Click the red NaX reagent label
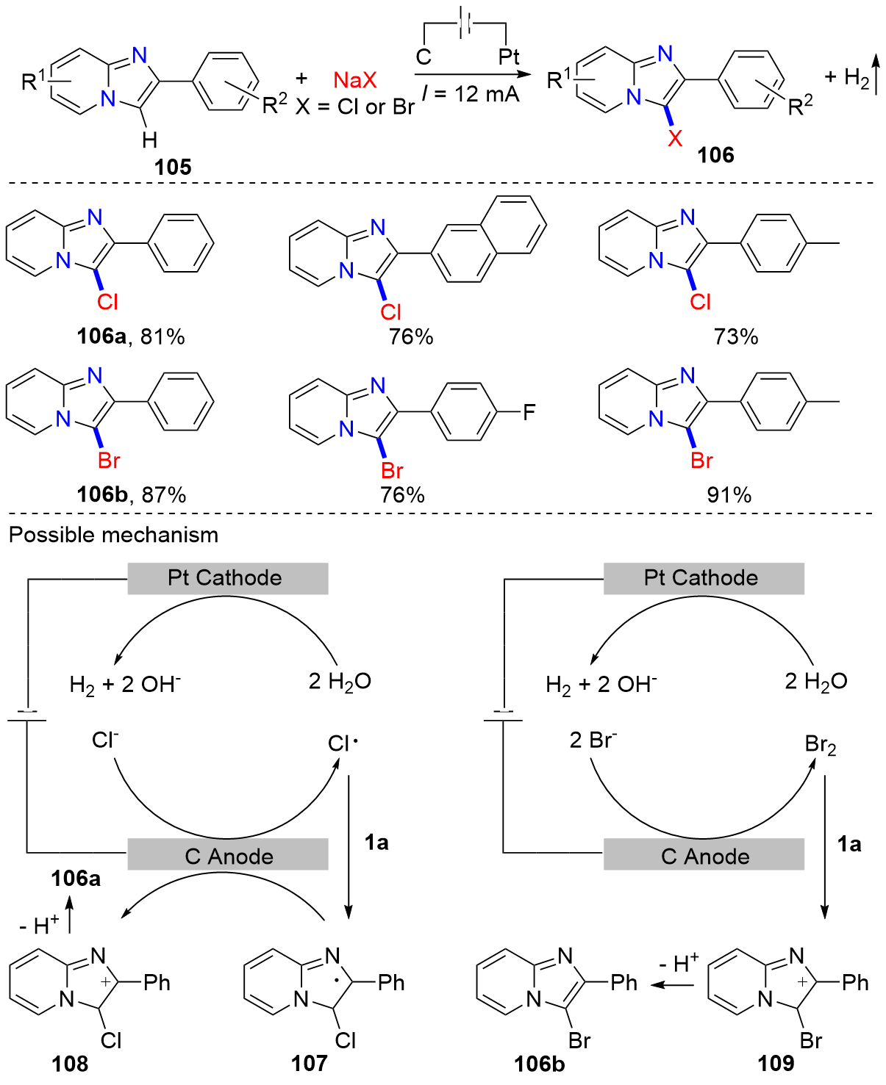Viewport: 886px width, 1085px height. (x=354, y=80)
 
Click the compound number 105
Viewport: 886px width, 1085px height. (x=173, y=167)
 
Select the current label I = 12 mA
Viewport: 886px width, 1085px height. (x=471, y=95)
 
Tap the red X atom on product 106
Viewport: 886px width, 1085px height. (x=675, y=137)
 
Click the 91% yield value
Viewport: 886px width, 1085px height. (x=729, y=495)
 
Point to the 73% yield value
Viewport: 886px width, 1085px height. (x=735, y=336)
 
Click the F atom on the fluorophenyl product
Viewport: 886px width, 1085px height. (x=529, y=412)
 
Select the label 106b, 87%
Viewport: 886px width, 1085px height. (x=132, y=495)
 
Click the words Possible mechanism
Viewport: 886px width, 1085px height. (x=114, y=535)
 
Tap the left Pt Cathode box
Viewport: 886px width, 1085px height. (x=227, y=578)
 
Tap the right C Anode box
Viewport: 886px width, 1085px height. (x=704, y=856)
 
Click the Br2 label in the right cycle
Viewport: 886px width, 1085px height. (x=821, y=745)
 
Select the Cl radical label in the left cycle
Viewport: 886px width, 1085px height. (x=343, y=743)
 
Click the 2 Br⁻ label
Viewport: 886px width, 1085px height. (x=593, y=740)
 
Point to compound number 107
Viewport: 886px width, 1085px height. (x=309, y=1063)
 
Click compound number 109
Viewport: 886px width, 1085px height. (x=776, y=1063)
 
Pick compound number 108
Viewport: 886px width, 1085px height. (x=70, y=1063)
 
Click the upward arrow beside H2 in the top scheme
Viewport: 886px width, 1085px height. (x=876, y=73)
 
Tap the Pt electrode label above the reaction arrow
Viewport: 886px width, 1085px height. (x=509, y=57)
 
